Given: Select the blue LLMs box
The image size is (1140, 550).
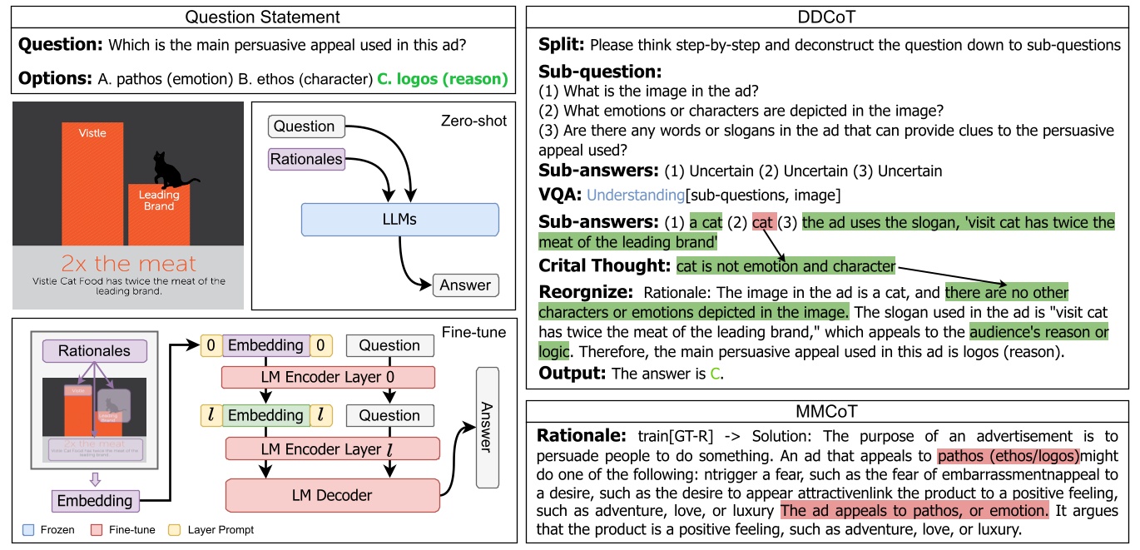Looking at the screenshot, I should coord(399,219).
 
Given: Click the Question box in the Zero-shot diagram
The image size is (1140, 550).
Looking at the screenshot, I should coord(305,126).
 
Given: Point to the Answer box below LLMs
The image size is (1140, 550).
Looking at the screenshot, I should coord(465,285).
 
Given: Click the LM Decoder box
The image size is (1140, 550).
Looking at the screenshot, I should coord(330,495).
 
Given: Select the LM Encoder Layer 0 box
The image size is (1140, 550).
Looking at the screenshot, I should coord(328,376).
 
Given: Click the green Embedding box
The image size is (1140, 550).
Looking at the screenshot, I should coord(266,415).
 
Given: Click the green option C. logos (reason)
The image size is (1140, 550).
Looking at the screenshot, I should coord(442,80).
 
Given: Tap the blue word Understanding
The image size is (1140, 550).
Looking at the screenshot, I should coord(635,196).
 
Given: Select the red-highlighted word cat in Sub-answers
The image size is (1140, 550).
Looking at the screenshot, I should coord(763,222).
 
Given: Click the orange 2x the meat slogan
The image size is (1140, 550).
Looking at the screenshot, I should coord(128,264).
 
